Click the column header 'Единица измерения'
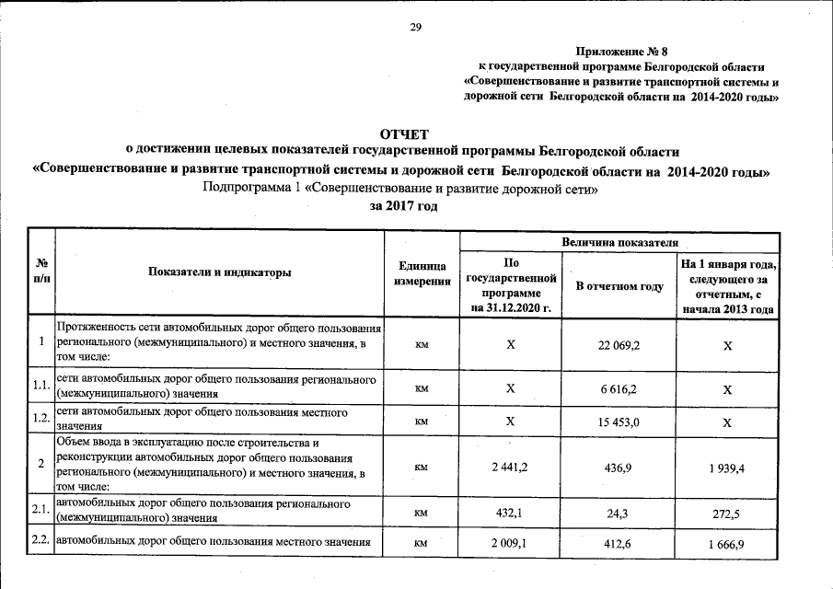(x=422, y=272)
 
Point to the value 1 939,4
(x=727, y=468)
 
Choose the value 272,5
(x=727, y=513)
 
